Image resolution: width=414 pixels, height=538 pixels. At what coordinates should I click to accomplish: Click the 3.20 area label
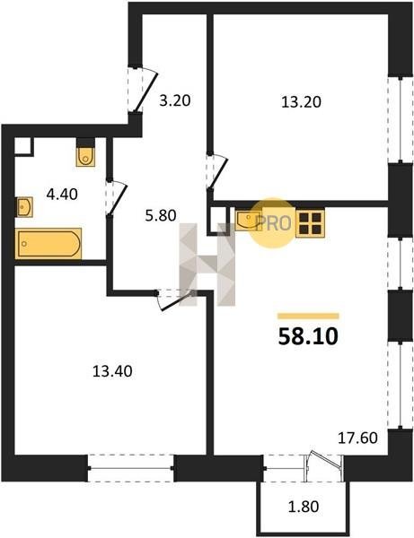click(175, 100)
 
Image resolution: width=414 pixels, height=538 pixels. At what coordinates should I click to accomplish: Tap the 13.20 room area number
click(301, 102)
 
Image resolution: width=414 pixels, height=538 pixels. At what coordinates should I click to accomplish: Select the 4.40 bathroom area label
click(62, 195)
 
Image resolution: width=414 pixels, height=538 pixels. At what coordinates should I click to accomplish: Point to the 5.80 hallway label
click(161, 215)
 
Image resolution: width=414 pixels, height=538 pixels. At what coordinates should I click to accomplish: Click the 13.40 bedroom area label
click(112, 371)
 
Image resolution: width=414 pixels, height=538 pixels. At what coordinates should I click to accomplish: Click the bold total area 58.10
click(308, 336)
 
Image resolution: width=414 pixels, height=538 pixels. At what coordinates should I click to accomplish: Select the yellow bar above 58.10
click(308, 316)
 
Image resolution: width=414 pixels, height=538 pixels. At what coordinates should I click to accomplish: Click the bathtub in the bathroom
click(48, 243)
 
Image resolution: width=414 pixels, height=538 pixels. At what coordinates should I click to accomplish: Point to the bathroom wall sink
click(24, 207)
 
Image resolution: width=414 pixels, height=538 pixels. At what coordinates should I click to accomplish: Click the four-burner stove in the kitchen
click(310, 223)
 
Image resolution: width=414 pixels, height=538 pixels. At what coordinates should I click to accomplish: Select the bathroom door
click(118, 198)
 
